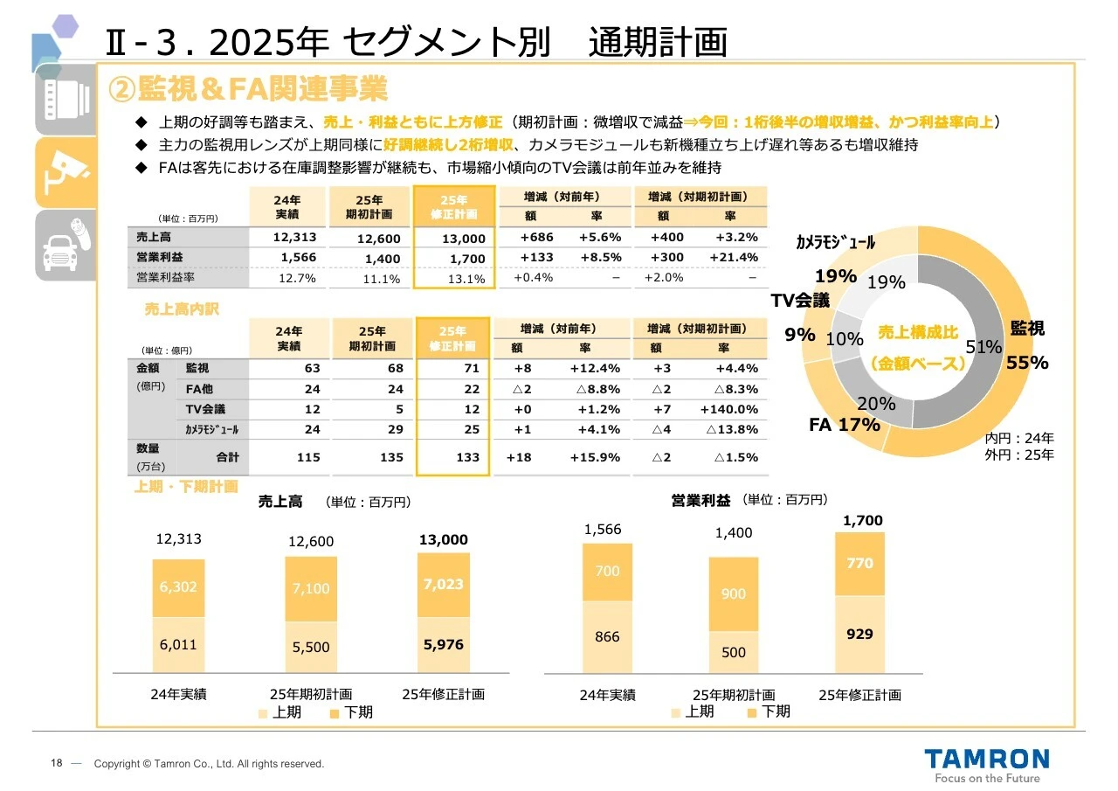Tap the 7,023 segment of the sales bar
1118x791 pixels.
tap(443, 584)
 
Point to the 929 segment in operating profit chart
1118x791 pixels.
tap(859, 634)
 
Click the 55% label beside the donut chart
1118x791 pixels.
tap(1027, 363)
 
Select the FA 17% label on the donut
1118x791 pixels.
tap(844, 426)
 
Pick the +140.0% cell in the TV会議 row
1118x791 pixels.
tap(728, 410)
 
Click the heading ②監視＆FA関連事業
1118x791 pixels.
tap(247, 88)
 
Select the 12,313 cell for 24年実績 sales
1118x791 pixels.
tap(294, 238)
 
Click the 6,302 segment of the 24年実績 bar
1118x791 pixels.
tap(178, 587)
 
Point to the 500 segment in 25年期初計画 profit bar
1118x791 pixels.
tap(734, 652)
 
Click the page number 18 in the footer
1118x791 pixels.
tap(56, 764)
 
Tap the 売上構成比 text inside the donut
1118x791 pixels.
tap(917, 333)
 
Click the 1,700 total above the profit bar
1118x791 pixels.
tap(862, 521)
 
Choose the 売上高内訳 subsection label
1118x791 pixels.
tap(181, 309)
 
